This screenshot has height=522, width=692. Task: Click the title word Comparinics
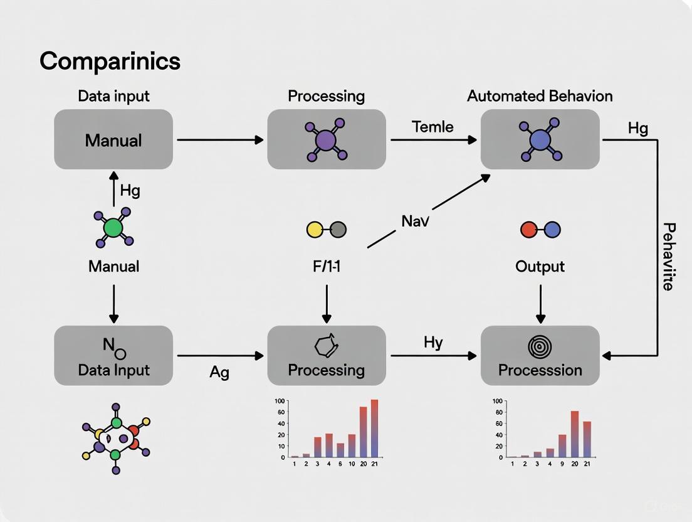pos(110,61)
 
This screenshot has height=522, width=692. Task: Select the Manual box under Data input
pos(113,140)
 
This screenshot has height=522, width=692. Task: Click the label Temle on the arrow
pos(432,127)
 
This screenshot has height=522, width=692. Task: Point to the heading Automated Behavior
pos(540,96)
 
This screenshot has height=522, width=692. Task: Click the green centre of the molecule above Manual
pos(113,228)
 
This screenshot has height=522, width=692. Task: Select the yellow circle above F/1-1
pos(315,230)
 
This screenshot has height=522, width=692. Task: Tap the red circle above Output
pos(529,230)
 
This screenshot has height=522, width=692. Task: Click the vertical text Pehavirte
pos(668,256)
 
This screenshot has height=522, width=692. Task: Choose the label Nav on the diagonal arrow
pos(415,221)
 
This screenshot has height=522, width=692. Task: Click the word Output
pos(540,266)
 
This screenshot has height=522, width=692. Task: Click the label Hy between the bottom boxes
pos(433,342)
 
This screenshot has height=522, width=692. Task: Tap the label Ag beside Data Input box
pos(219,373)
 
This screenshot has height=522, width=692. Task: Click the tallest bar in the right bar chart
pos(574,434)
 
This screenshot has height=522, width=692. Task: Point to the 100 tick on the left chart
pos(280,400)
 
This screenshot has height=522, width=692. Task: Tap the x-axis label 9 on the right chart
pos(562,464)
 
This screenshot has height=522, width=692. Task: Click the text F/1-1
pos(326,266)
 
